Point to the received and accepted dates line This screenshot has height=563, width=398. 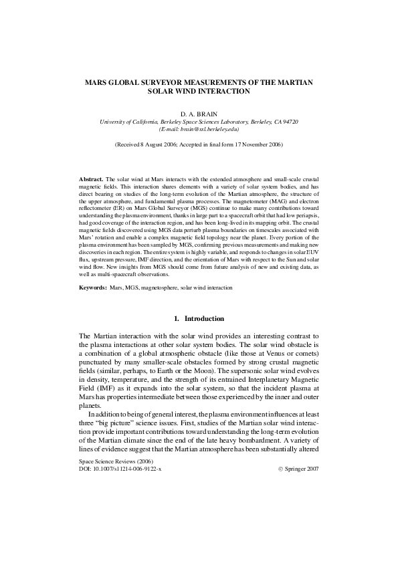[x=199, y=144]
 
